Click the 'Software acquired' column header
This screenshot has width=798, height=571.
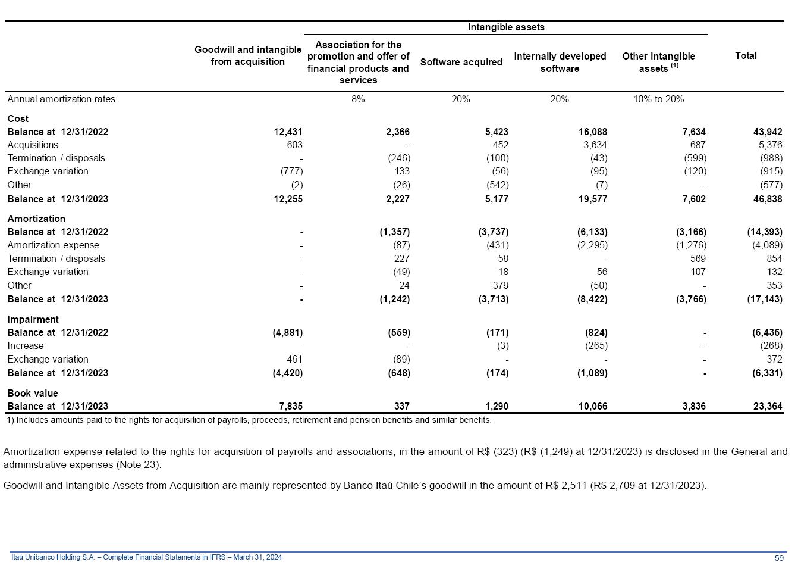pos(461,62)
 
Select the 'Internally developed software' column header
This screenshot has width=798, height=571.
pos(560,62)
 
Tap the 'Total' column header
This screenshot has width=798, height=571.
pos(746,55)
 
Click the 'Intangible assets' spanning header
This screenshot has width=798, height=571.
pos(506,27)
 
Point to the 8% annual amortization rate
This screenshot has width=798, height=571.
pos(358,99)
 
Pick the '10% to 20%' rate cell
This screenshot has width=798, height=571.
pos(658,99)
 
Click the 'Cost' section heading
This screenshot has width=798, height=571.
pos(18,118)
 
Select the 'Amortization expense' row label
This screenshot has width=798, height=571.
pos(53,245)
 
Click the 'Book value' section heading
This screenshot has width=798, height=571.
pos(33,393)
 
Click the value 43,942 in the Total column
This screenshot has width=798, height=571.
pos(768,132)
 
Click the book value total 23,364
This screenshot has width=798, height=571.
pos(768,407)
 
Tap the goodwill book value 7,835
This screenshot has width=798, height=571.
pos(290,407)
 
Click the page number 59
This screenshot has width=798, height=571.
pos(779,558)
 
